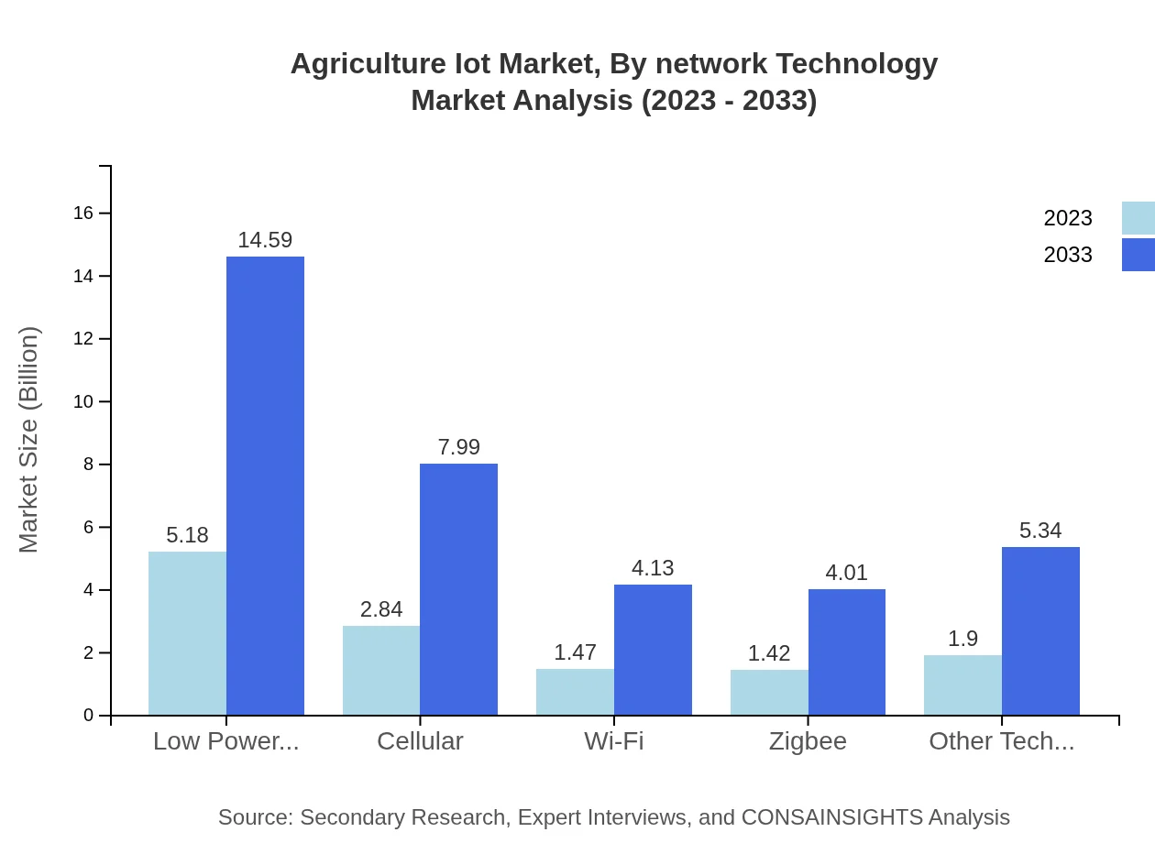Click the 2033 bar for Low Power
(265, 486)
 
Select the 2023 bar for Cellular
(381, 670)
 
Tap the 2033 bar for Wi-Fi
(653, 650)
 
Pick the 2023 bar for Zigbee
(769, 692)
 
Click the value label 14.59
(265, 240)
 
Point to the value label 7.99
(458, 447)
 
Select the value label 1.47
(575, 652)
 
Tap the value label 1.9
(962, 639)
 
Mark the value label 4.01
(846, 573)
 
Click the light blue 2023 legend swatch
(1138, 218)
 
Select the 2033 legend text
(1068, 255)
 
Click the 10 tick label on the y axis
(83, 401)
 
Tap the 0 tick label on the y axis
(88, 716)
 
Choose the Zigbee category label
(808, 741)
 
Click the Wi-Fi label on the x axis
(614, 741)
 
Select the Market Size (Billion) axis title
(28, 440)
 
